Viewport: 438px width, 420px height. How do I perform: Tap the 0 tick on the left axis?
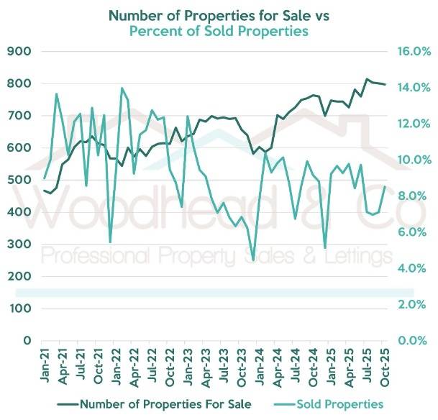pyautogui.click(x=27, y=340)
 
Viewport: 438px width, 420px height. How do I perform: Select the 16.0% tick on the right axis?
pyautogui.click(x=414, y=52)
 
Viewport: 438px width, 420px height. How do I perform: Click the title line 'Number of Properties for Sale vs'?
pyautogui.click(x=218, y=15)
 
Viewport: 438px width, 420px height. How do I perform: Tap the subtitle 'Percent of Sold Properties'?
pyautogui.click(x=218, y=32)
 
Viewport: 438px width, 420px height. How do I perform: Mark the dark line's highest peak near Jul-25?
pyautogui.click(x=368, y=79)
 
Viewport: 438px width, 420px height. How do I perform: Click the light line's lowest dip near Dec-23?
pyautogui.click(x=253, y=260)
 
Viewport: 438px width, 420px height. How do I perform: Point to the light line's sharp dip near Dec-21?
pyautogui.click(x=110, y=242)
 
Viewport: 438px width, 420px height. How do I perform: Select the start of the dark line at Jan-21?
pyautogui.click(x=45, y=191)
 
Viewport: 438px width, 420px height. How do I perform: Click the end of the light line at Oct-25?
pyautogui.click(x=385, y=187)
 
